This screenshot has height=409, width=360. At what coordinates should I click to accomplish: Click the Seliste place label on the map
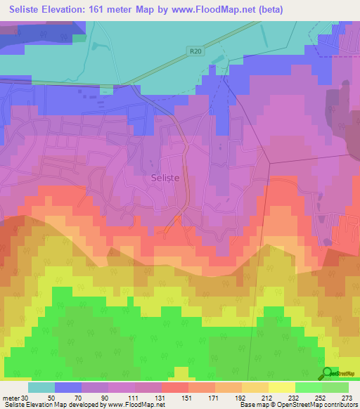[x=166, y=178]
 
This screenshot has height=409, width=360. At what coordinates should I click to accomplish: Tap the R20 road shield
[x=195, y=51]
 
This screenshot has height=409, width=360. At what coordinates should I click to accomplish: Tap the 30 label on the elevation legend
[x=25, y=397]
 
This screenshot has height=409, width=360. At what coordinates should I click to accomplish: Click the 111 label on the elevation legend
[x=135, y=397]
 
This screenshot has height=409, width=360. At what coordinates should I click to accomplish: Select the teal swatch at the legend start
[x=41, y=387]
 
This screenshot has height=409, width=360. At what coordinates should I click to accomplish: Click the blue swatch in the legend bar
[x=68, y=387]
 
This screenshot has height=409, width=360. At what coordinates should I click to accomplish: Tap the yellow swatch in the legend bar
[x=281, y=387]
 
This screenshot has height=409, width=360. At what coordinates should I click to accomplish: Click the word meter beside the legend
[x=11, y=397]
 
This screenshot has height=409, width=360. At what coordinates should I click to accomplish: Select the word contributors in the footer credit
[x=340, y=405]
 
